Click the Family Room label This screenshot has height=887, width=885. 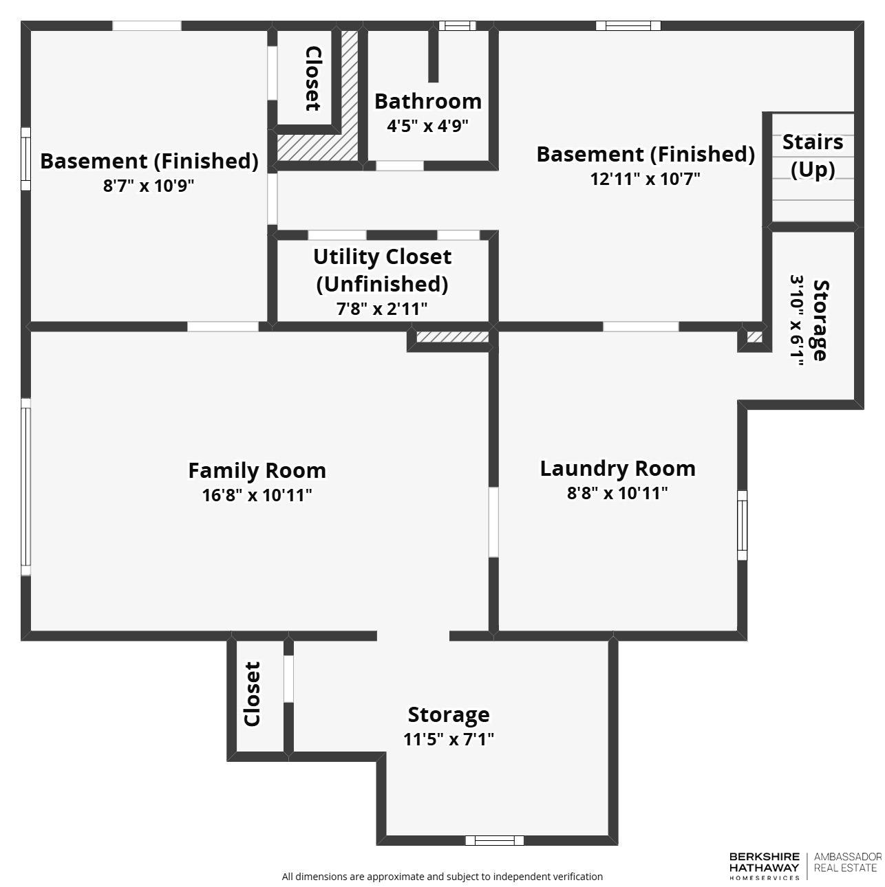click(x=257, y=471)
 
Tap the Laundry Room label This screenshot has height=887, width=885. click(x=617, y=469)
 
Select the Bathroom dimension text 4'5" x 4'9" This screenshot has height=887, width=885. click(x=427, y=127)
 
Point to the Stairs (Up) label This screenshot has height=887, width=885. click(x=813, y=155)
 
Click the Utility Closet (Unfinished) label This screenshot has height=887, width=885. click(x=382, y=270)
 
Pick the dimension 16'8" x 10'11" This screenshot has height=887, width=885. click(x=257, y=495)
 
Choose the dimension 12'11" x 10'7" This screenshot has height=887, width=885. click(x=645, y=179)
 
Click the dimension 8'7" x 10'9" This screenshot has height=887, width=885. click(x=149, y=186)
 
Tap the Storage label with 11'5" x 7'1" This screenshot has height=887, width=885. click(x=449, y=715)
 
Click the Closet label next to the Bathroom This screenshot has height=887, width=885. click(x=312, y=78)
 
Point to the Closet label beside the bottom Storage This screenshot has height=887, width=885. click(x=253, y=694)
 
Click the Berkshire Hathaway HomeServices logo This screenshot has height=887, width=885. click(x=764, y=866)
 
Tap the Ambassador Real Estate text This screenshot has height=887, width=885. click(x=847, y=862)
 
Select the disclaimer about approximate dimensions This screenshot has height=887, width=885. click(x=442, y=877)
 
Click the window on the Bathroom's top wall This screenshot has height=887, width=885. click(x=457, y=26)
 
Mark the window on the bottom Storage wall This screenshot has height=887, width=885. click(x=494, y=840)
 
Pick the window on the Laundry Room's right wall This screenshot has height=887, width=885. click(x=742, y=525)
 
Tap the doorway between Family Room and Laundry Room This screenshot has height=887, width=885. click(x=493, y=522)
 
